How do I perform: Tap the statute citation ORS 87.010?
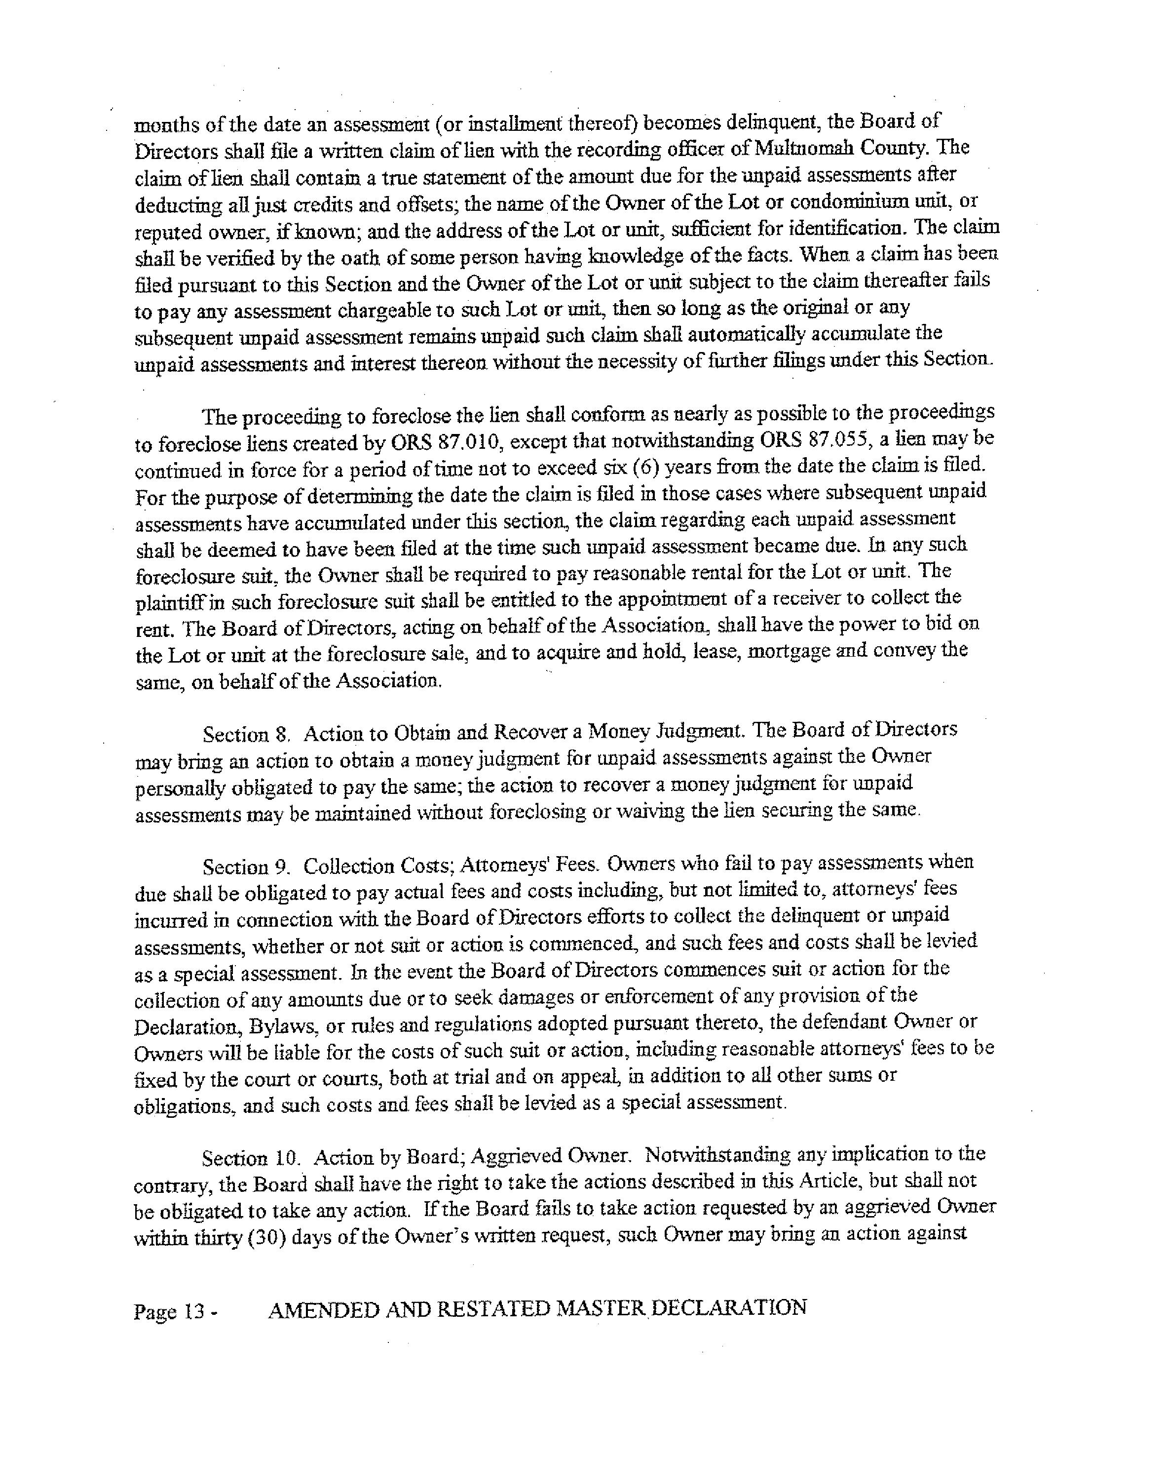pyautogui.click(x=447, y=443)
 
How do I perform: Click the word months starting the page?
pyautogui.click(x=164, y=126)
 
